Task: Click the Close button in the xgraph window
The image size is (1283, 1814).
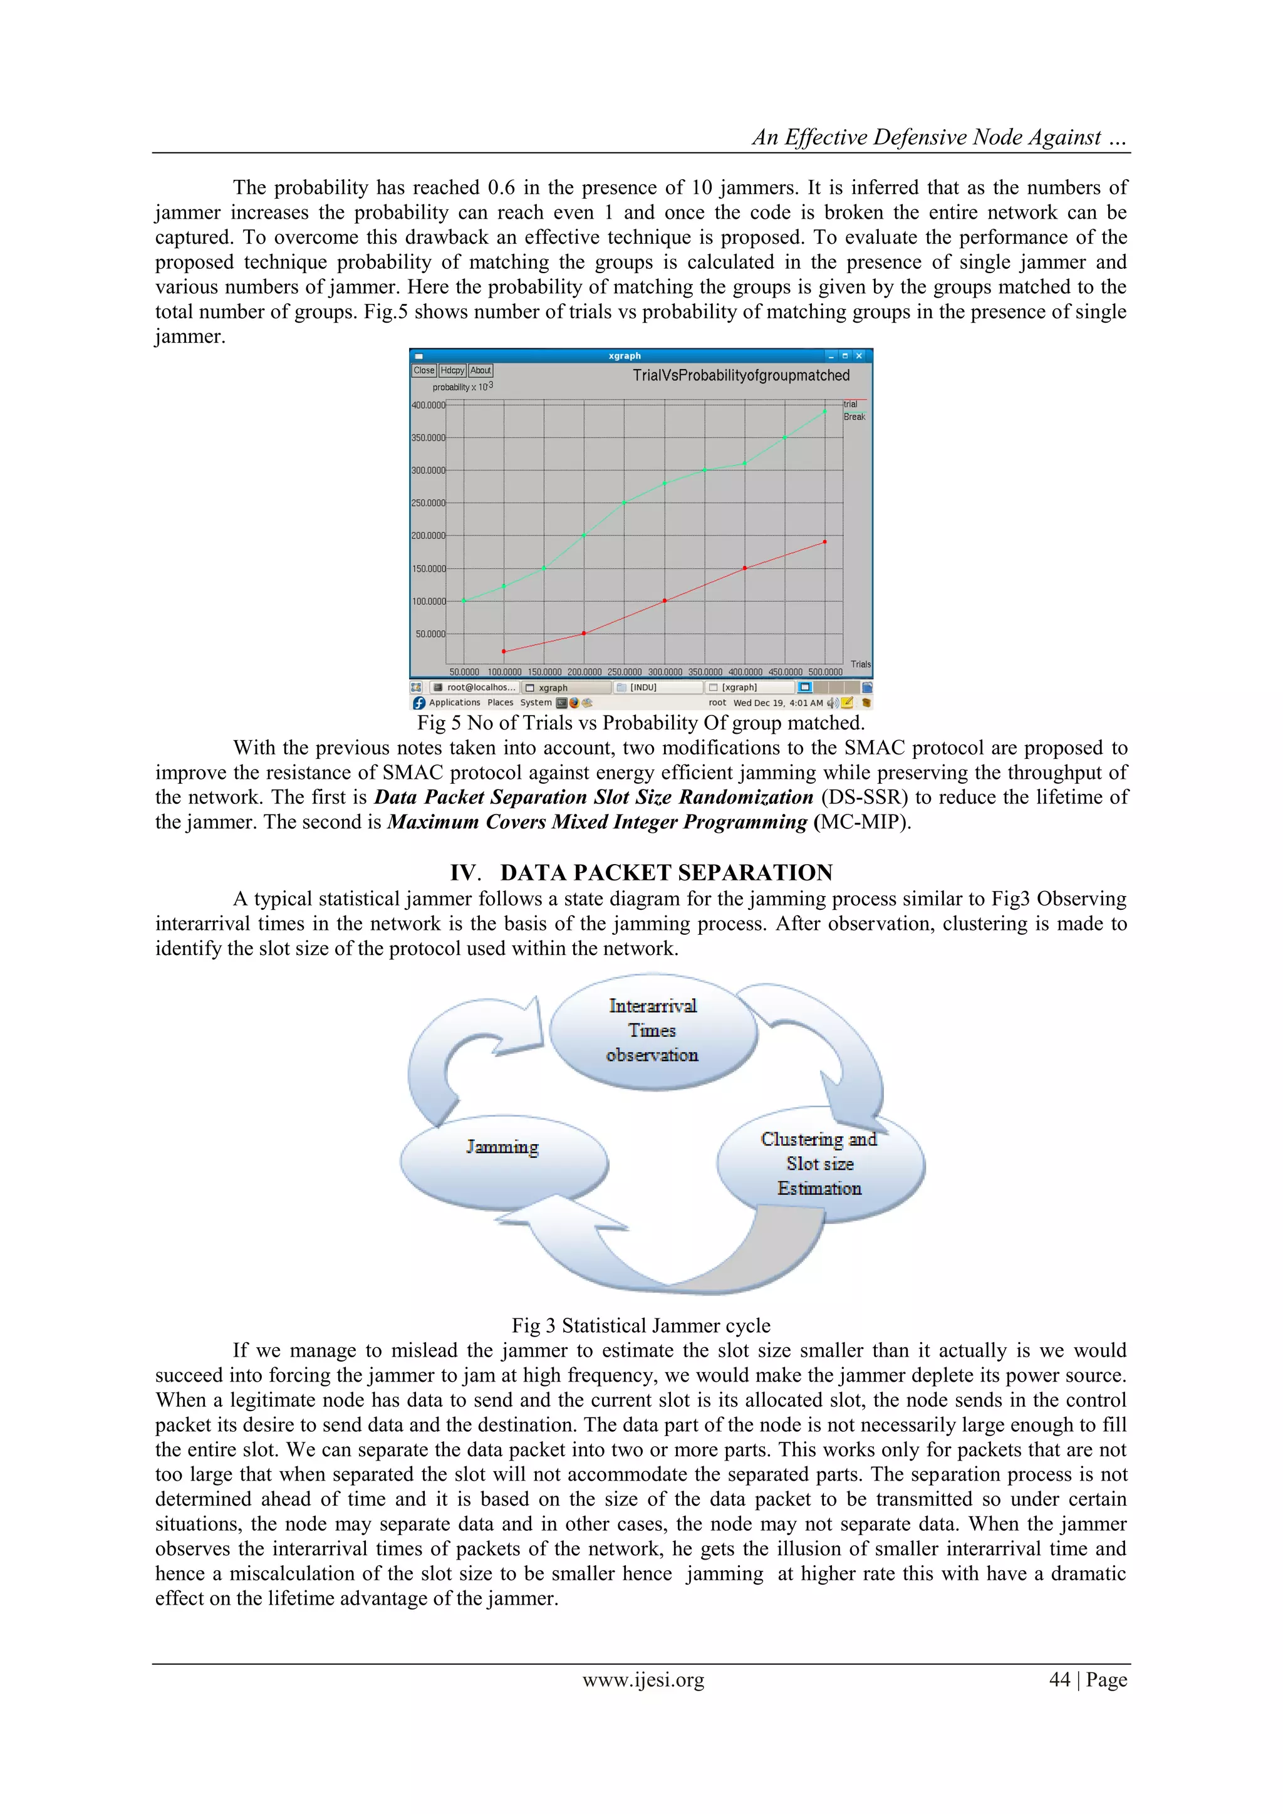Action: [x=423, y=370]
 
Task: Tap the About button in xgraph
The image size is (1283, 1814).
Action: [x=480, y=370]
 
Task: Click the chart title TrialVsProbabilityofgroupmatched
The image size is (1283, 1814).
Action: [x=740, y=375]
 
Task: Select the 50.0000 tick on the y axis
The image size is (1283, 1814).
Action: [x=430, y=633]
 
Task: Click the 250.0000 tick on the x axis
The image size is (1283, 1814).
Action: [x=624, y=672]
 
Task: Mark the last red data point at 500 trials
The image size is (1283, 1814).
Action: [x=825, y=542]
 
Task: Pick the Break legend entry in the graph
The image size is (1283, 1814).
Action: [x=854, y=416]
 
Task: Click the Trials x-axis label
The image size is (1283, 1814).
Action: [x=860, y=664]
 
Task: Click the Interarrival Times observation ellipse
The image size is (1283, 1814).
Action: [x=653, y=1031]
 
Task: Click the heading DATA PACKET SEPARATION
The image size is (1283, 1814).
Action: [x=665, y=873]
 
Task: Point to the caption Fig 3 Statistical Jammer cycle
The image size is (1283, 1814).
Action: [x=641, y=1326]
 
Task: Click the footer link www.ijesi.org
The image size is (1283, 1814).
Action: [x=643, y=1680]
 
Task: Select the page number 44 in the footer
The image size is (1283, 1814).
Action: [x=1059, y=1680]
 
